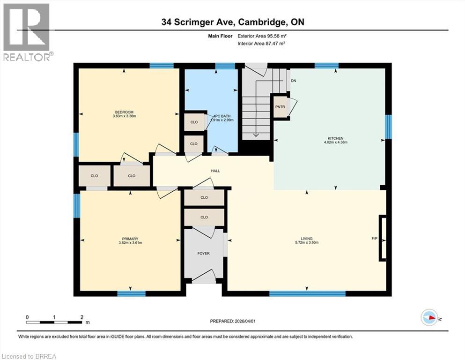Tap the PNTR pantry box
280,106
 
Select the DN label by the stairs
293,81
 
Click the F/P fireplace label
374,239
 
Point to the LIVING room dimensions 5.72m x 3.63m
307,243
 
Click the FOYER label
203,254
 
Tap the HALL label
215,171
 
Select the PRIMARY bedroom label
130,239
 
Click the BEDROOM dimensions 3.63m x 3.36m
124,116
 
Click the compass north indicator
429,317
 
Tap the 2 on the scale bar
81,317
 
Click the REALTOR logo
27,32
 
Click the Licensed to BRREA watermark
29,356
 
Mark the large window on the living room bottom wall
307,294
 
